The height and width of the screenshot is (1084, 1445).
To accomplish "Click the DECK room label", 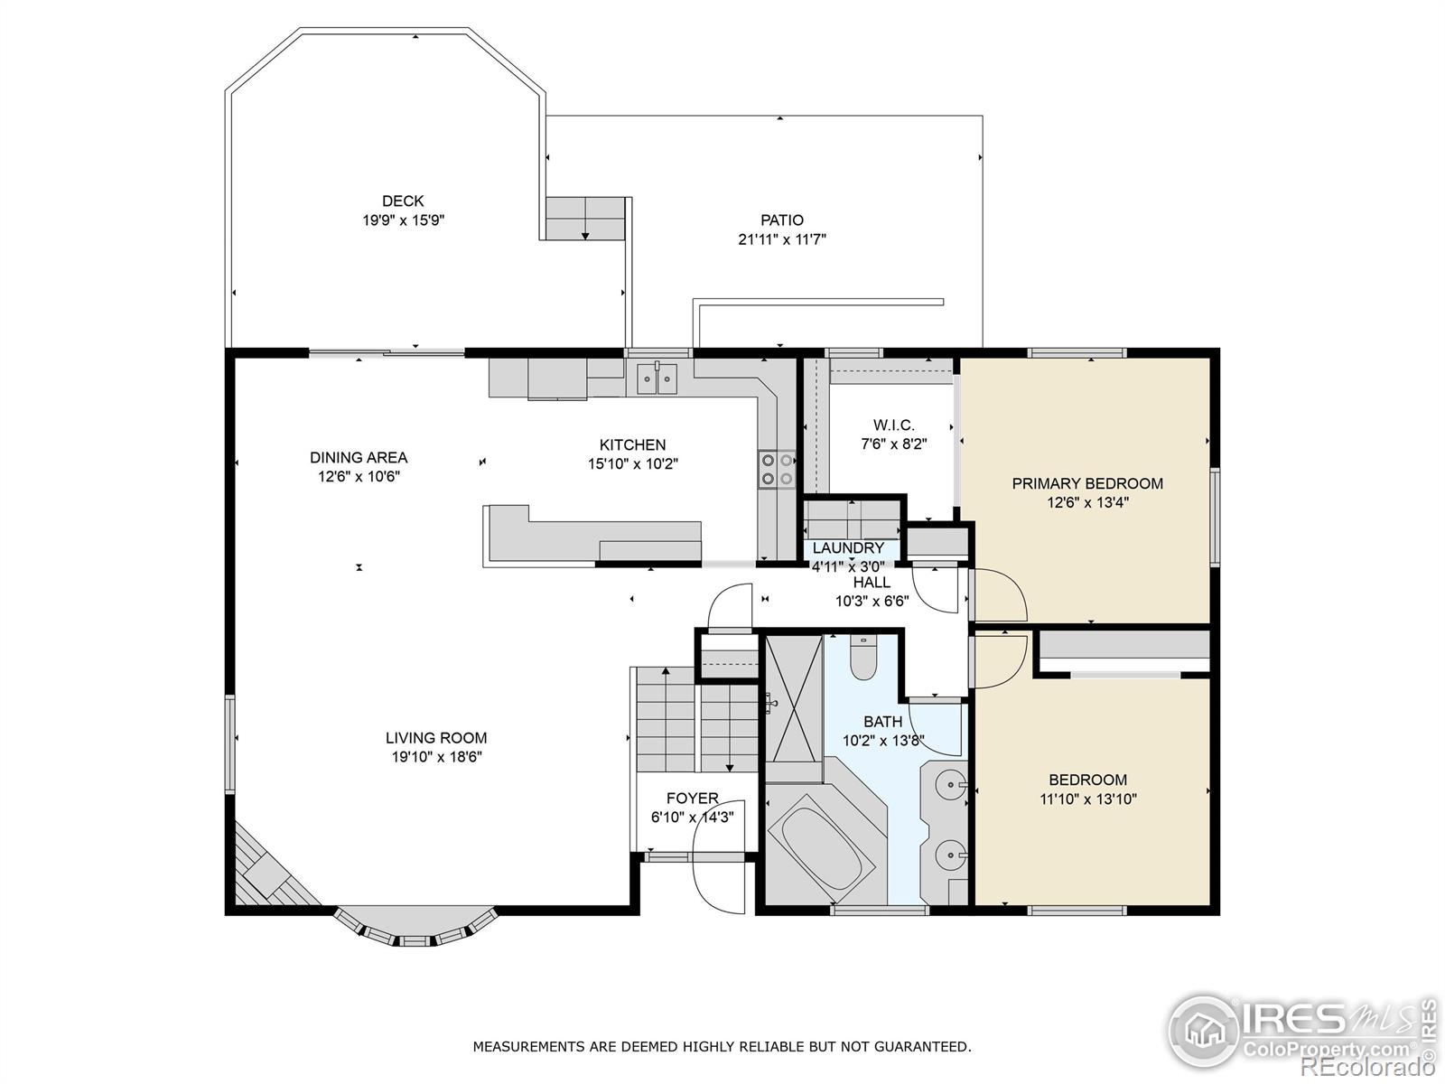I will (x=402, y=201).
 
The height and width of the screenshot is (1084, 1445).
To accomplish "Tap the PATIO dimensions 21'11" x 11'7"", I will (x=781, y=239).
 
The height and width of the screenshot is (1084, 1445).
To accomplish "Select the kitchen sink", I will (x=657, y=378).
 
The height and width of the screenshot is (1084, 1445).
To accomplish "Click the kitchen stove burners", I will (x=777, y=469).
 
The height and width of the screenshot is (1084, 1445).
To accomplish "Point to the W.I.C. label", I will (x=893, y=425).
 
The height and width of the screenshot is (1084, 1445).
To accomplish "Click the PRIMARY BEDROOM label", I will (x=1086, y=483).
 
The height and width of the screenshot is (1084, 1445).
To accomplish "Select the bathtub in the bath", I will (x=822, y=849).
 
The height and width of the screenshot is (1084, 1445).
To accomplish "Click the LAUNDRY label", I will (x=848, y=548).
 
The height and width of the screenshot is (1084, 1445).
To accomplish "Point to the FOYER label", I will (x=692, y=799).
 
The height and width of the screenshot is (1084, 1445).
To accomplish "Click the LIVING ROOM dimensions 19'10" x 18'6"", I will (x=436, y=757).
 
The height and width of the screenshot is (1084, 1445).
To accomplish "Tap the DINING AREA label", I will (x=359, y=457).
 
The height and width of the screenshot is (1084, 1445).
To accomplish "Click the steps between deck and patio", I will (x=585, y=218).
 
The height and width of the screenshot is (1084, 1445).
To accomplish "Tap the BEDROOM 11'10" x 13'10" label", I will (x=1087, y=780).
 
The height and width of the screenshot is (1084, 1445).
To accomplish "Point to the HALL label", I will (x=872, y=583).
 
